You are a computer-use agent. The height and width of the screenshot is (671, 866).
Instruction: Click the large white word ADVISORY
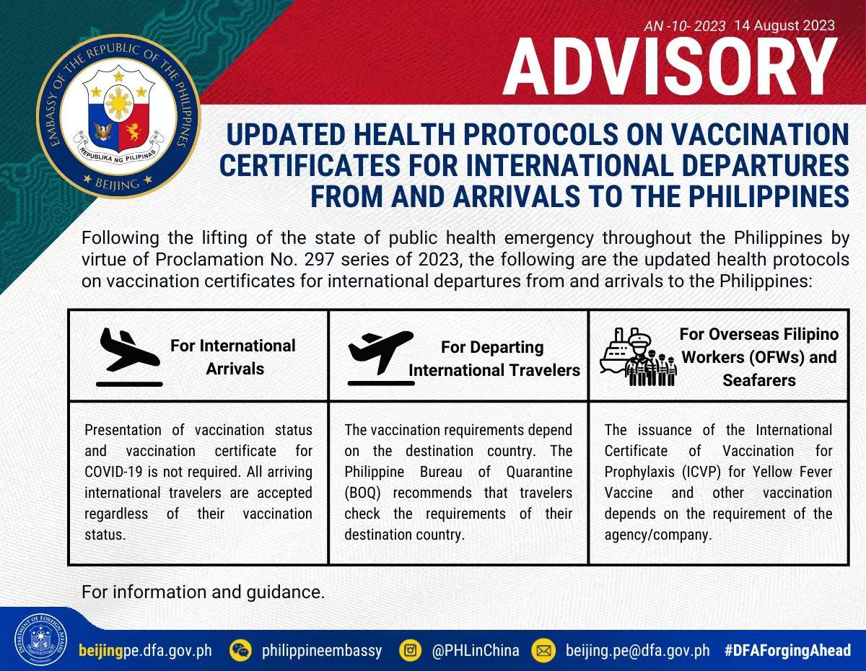click(670, 67)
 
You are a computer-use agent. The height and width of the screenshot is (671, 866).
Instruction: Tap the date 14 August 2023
click(784, 25)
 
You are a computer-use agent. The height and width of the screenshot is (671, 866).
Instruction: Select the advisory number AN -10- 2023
click(684, 26)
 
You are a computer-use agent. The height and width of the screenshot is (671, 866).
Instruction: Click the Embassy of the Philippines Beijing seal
click(118, 116)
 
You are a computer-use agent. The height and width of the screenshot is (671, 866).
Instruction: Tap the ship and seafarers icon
click(639, 357)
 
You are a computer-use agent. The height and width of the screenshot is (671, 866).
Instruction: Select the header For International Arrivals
click(234, 357)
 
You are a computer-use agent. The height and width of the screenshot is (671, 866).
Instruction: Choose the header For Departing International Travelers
click(494, 359)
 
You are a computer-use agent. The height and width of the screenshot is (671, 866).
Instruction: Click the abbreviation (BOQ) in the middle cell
click(362, 493)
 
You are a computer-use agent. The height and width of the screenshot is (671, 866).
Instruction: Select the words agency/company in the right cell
click(658, 535)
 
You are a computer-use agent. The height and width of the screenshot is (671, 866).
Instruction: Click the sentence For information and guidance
click(204, 592)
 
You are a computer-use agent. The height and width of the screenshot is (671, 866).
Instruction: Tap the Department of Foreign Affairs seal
click(40, 639)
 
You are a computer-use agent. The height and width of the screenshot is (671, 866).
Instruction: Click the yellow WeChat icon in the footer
click(240, 650)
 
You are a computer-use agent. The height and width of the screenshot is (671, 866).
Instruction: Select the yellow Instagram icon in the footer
click(410, 650)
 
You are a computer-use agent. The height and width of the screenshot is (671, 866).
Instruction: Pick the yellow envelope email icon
click(543, 650)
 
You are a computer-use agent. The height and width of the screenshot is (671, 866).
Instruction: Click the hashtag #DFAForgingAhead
click(787, 650)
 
